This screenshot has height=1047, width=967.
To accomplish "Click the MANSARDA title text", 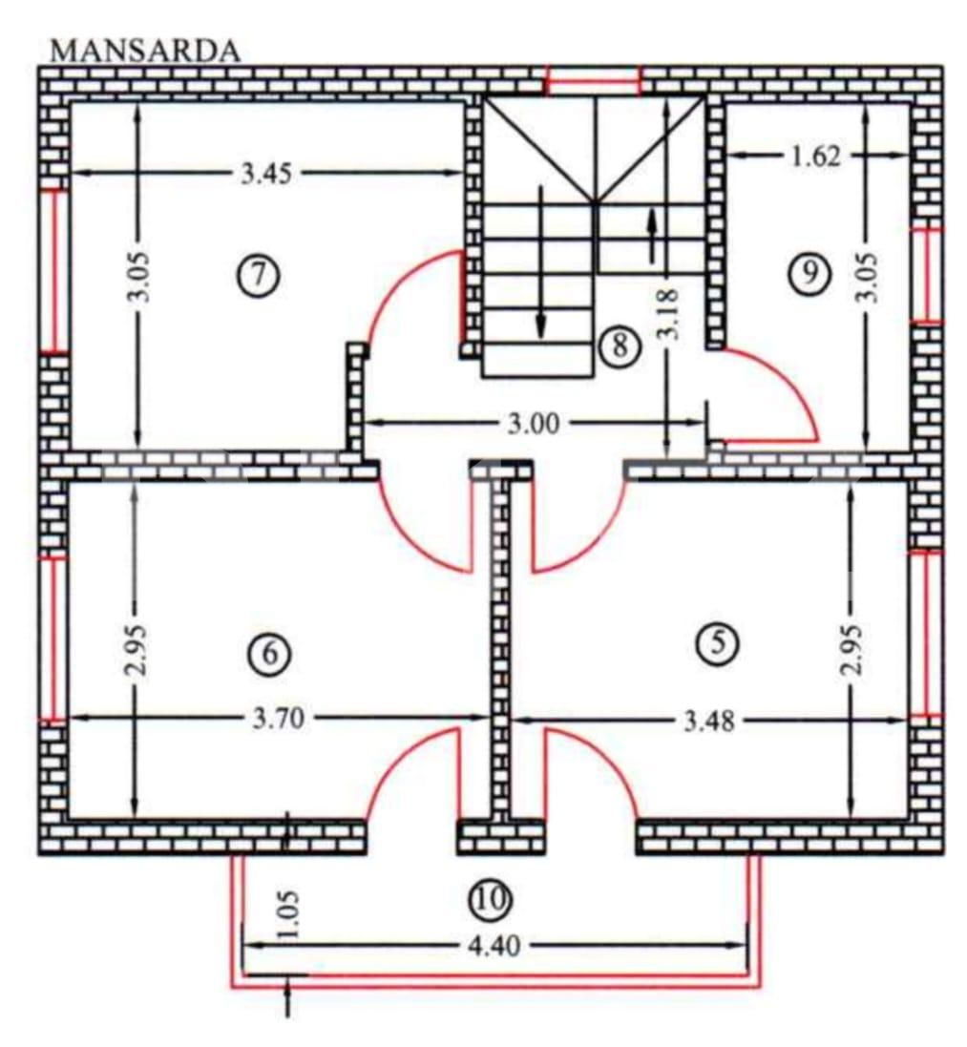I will (144, 50).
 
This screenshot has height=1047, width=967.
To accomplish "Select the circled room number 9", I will (809, 274).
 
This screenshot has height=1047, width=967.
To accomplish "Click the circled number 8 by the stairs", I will (619, 345).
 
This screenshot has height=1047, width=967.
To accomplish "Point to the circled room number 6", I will (266, 654).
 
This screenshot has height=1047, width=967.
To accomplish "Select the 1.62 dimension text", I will (816, 155).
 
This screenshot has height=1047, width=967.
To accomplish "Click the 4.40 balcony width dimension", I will (490, 946).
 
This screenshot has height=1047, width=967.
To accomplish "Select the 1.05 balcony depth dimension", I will (289, 917).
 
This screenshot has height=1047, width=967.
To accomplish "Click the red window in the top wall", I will (592, 81).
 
